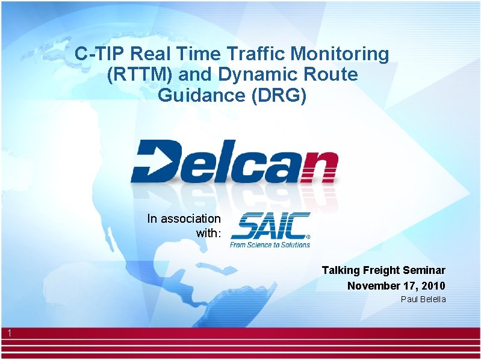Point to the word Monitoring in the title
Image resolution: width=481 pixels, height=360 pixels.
[x=340, y=54]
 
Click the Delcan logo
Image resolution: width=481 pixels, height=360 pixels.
[x=235, y=161]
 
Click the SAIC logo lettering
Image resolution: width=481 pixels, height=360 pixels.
[x=269, y=226]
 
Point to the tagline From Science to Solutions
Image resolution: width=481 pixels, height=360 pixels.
[x=270, y=244]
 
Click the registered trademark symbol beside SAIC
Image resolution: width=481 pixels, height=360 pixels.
[x=308, y=237]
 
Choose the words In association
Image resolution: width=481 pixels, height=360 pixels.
[x=184, y=219]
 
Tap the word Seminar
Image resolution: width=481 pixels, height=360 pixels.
[x=425, y=270]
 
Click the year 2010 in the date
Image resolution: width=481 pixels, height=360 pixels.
[x=433, y=285]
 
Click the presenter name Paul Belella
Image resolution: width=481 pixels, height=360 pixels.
[x=423, y=299]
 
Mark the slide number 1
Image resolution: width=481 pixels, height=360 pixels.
[x=10, y=333]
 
